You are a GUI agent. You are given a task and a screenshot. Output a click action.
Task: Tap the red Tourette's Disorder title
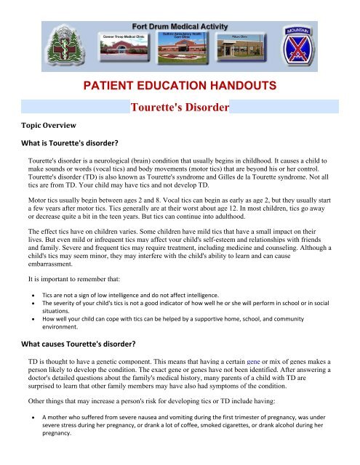[x=180, y=108]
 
